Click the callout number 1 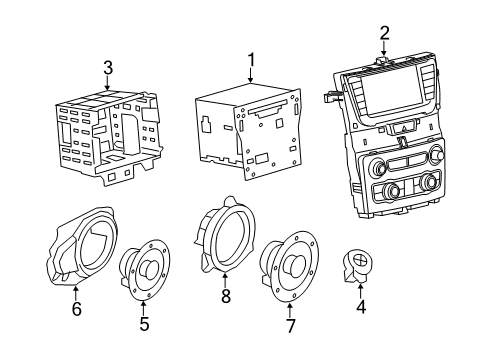coord(251,59)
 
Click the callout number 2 coord(384,32)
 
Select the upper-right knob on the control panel coord(438,154)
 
